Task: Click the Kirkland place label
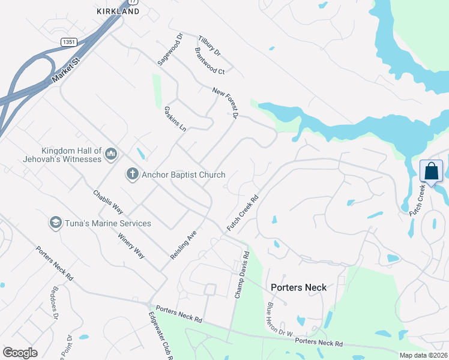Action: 118,11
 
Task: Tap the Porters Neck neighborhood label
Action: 298,287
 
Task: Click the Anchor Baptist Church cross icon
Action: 132,175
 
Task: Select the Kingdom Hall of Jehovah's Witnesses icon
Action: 110,155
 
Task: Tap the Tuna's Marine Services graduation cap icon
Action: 56,223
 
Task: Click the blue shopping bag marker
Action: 432,171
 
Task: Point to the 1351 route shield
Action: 69,41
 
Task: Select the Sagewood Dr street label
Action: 161,50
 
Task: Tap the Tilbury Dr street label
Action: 206,47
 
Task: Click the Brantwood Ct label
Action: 209,62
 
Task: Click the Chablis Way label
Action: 108,202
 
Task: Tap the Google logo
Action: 20,353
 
